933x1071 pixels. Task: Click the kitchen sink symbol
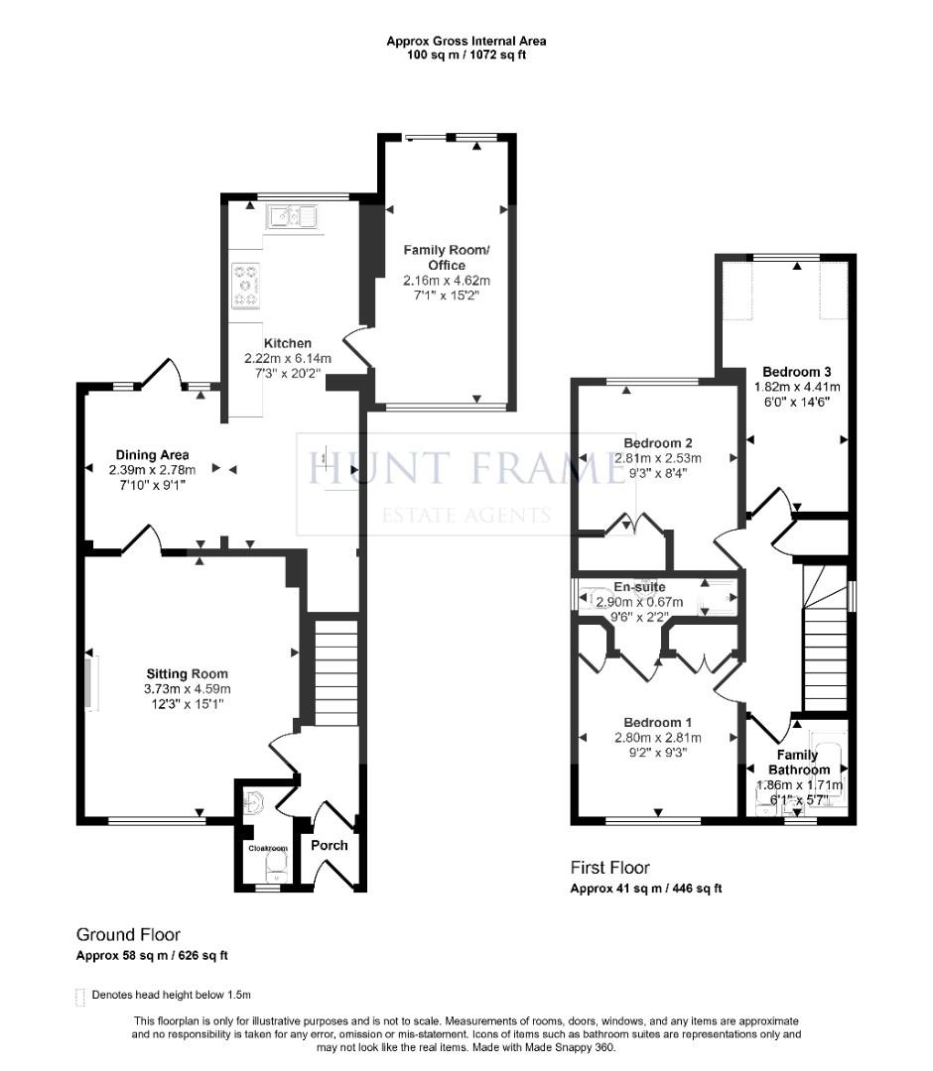[291, 215]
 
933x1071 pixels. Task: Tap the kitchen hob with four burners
[245, 285]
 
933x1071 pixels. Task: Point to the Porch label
[330, 845]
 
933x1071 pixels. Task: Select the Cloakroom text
[267, 848]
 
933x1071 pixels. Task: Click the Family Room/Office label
[447, 258]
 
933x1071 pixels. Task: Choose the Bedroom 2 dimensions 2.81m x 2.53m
[658, 458]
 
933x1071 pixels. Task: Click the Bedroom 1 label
[658, 722]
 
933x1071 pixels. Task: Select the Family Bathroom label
[798, 762]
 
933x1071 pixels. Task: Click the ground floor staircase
[335, 671]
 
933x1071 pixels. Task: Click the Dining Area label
[152, 455]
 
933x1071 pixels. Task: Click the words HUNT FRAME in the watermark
[465, 468]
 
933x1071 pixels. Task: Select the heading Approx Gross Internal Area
[466, 41]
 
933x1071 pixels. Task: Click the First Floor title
[610, 868]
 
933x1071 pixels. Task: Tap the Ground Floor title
[128, 934]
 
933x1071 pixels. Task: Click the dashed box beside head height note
[79, 995]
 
